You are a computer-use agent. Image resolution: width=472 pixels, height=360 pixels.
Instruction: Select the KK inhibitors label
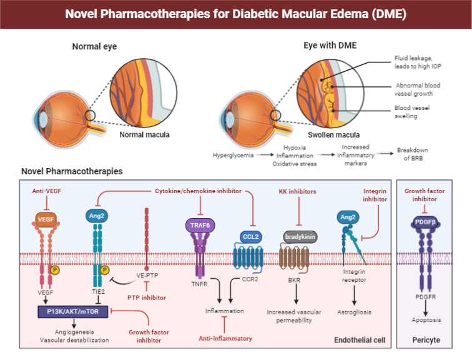tap(297, 191)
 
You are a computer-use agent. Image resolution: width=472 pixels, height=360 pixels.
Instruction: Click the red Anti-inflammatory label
tap(225, 338)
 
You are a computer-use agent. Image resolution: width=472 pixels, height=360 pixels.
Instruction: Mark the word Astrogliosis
tap(355, 310)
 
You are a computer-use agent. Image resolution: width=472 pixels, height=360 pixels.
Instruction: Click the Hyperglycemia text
tap(233, 154)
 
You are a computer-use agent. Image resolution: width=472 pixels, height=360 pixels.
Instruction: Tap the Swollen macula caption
tap(334, 134)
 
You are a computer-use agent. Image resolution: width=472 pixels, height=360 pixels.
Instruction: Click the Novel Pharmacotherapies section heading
tap(72, 171)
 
